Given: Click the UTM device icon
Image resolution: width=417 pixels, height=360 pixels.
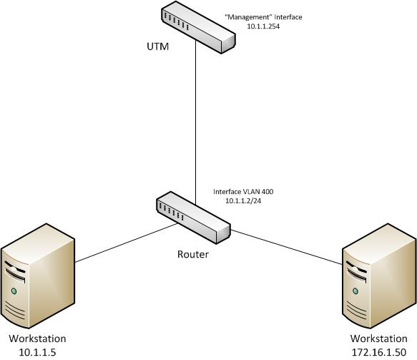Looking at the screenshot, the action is pyautogui.click(x=198, y=27).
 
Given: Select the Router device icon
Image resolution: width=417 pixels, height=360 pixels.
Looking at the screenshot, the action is pyautogui.click(x=193, y=218).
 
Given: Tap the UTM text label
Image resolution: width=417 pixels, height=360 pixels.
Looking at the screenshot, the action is pyautogui.click(x=157, y=47).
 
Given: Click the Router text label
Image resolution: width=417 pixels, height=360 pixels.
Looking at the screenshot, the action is pyautogui.click(x=193, y=254).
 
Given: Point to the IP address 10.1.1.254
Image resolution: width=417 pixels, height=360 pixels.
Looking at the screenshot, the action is pyautogui.click(x=263, y=26).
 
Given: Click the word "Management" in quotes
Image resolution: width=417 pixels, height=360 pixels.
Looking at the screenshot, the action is pyautogui.click(x=248, y=17).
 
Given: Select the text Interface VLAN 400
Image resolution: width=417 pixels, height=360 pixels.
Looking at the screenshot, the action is pyautogui.click(x=243, y=192).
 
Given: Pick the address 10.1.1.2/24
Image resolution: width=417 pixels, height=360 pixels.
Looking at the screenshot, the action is pyautogui.click(x=243, y=201).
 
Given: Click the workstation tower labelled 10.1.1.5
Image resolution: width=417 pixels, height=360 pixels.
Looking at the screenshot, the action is pyautogui.click(x=37, y=276).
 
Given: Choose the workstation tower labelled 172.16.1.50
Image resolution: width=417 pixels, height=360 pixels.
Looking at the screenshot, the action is pyautogui.click(x=379, y=276).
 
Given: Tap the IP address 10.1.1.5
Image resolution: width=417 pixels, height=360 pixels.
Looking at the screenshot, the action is pyautogui.click(x=37, y=352).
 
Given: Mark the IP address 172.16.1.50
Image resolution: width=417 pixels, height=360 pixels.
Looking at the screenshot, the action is pyautogui.click(x=379, y=352).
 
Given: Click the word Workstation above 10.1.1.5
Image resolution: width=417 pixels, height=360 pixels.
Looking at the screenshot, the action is pyautogui.click(x=37, y=339).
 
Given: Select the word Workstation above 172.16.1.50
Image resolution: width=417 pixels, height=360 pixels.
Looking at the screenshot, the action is pyautogui.click(x=378, y=339).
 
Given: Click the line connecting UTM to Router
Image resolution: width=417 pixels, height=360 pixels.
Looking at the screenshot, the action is pyautogui.click(x=196, y=122).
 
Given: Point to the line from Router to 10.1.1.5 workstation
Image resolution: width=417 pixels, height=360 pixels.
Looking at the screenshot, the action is pyautogui.click(x=127, y=243).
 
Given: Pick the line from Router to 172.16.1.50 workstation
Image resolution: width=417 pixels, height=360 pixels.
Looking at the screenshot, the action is pyautogui.click(x=286, y=248).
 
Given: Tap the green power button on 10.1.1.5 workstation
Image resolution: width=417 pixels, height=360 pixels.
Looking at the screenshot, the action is pyautogui.click(x=14, y=291).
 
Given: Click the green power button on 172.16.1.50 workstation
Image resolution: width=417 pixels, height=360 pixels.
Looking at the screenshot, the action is pyautogui.click(x=355, y=291).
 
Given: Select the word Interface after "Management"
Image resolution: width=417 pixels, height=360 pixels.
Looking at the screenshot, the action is pyautogui.click(x=288, y=17).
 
